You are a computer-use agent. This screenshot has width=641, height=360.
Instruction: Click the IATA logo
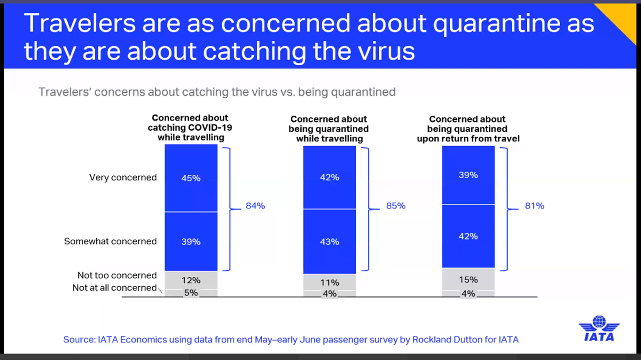pos(599,329)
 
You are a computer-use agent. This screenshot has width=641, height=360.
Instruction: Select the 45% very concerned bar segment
pos(191,178)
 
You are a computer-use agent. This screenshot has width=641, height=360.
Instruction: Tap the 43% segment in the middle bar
pos(329,242)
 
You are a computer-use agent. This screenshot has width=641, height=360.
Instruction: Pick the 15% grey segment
pos(468,279)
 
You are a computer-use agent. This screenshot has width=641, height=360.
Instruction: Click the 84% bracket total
pos(255,206)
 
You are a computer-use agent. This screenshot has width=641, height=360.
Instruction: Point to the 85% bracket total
pos(396,206)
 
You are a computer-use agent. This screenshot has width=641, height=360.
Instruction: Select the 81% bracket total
pos(534,206)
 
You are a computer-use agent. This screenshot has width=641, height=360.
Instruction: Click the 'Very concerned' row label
pos(123,178)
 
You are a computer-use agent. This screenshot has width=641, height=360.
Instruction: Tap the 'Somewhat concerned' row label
pos(110,241)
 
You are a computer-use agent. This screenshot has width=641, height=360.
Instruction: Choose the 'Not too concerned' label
pos(117,275)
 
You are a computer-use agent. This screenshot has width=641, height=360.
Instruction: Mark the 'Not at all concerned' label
pos(114,288)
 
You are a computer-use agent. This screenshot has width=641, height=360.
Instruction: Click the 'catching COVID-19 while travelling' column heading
pos(190,128)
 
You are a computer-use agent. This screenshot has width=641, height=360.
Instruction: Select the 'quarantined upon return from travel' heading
pos(468,129)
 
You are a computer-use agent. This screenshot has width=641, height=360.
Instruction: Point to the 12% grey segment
pos(191,280)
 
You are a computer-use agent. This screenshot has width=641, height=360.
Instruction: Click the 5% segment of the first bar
pos(191,293)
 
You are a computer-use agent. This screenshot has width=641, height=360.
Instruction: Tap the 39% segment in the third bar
pos(468,175)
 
